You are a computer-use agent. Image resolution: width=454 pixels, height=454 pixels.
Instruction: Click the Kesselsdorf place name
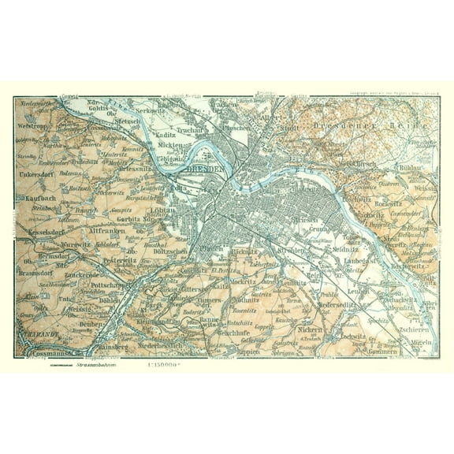click(44, 236)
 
